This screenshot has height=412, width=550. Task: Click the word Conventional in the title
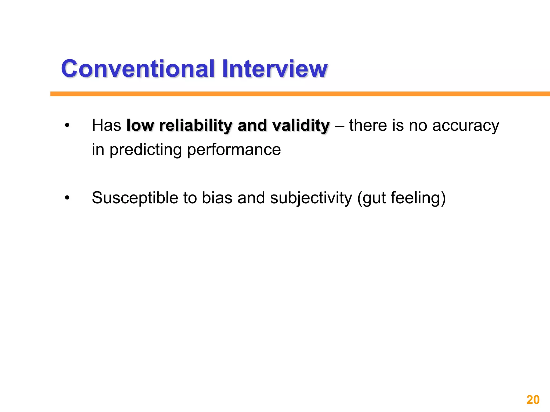[138, 69]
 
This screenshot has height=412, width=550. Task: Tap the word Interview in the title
[274, 69]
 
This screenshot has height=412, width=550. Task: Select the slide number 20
[533, 400]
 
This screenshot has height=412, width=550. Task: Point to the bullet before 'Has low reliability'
[67, 125]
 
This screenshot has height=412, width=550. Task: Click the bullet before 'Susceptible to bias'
[67, 198]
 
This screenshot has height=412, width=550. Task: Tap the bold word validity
[301, 125]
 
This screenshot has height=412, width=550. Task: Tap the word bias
[217, 198]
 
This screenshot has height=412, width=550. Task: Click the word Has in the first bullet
[106, 125]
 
